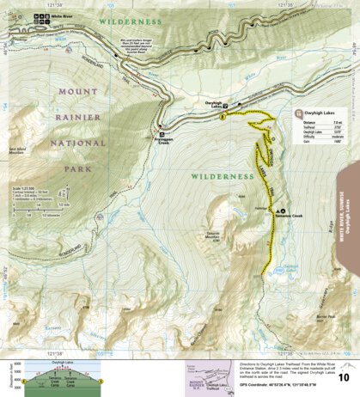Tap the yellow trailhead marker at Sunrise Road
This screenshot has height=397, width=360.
pyautogui.click(x=223, y=115)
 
